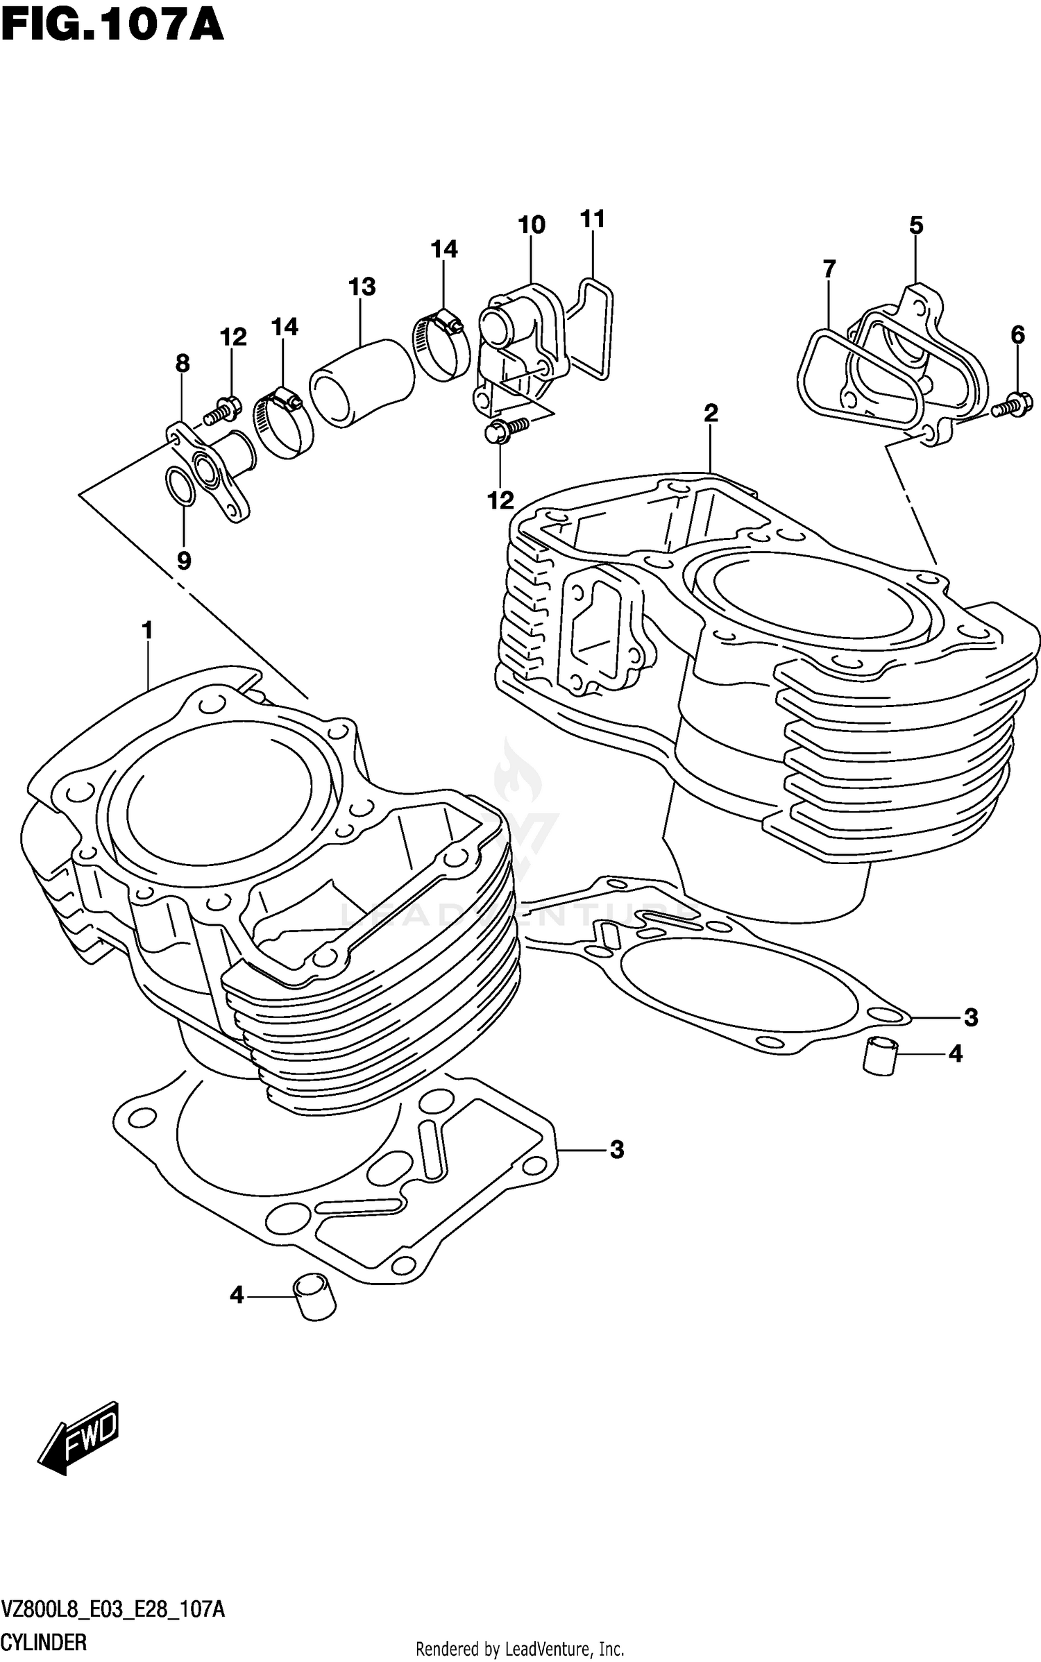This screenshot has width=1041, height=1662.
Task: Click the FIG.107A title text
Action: coord(112,26)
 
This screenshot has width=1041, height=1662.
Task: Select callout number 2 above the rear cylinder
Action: coord(711,414)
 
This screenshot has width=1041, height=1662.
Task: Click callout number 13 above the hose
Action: coord(362,287)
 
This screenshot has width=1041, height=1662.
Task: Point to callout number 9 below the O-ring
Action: coord(183,560)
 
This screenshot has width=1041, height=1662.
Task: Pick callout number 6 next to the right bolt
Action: coord(1017,335)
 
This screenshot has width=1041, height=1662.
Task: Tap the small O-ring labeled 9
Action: coord(180,486)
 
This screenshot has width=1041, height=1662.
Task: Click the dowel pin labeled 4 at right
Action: coord(880,1056)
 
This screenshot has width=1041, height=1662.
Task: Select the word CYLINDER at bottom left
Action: coord(44,1643)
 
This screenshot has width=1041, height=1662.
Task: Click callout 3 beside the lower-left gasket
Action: coord(616,1150)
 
